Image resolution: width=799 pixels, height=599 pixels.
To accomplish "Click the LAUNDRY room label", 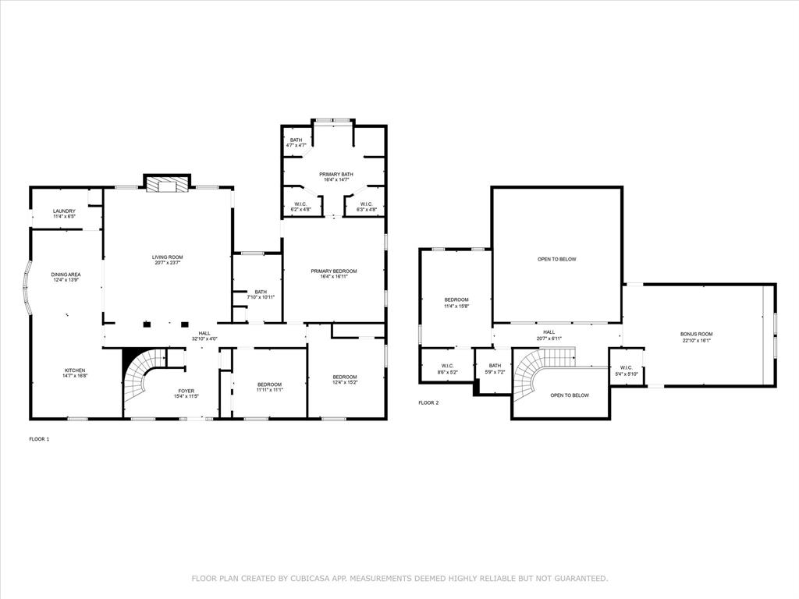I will coord(64,211).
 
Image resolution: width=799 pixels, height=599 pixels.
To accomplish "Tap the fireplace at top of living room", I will coord(167,184).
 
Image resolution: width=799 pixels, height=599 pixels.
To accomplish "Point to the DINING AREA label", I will coord(66,275).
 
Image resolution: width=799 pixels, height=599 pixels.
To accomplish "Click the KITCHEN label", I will coord(75,370).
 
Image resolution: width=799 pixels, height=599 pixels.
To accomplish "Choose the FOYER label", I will coord(186,391).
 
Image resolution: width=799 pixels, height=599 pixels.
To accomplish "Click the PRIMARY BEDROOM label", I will coord(333,271).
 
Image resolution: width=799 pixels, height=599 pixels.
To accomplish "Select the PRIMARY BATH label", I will coord(333,174).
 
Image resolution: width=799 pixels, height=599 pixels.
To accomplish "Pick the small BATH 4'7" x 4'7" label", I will coord(296,140).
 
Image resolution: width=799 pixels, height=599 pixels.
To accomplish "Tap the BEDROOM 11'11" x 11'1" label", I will coord(269,385).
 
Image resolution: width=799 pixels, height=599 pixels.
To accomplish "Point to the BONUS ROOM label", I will coord(696,334).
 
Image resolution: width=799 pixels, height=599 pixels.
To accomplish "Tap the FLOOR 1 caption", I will coord(39,439).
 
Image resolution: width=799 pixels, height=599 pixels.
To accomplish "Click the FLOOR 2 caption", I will coord(428,402).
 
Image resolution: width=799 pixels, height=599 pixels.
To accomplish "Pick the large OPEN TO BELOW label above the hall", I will coord(556,259).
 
